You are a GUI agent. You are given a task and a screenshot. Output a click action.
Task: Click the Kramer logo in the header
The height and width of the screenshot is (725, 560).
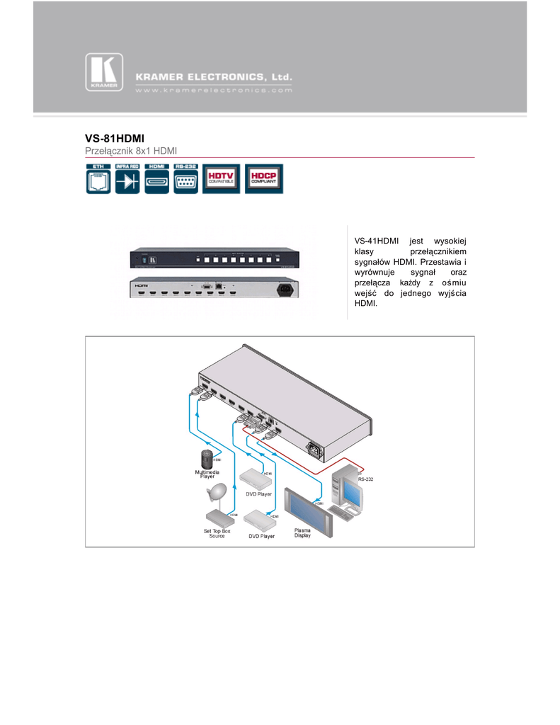click(x=104, y=74)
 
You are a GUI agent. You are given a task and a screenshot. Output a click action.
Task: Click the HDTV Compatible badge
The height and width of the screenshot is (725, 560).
click(x=222, y=178)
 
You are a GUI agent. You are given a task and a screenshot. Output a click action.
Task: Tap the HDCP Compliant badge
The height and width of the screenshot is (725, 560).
click(x=263, y=178)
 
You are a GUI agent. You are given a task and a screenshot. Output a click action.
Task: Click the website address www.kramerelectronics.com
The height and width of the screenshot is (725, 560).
click(x=213, y=91)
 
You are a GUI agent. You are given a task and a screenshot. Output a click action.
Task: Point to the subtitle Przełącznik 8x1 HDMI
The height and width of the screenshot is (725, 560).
click(x=130, y=152)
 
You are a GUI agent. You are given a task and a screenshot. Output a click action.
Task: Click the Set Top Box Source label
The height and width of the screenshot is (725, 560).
click(x=217, y=533)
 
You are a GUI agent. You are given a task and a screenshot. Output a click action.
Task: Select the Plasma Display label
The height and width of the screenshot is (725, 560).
click(x=302, y=532)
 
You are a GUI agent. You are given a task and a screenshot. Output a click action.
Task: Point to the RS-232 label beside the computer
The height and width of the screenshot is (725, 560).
click(x=365, y=479)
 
